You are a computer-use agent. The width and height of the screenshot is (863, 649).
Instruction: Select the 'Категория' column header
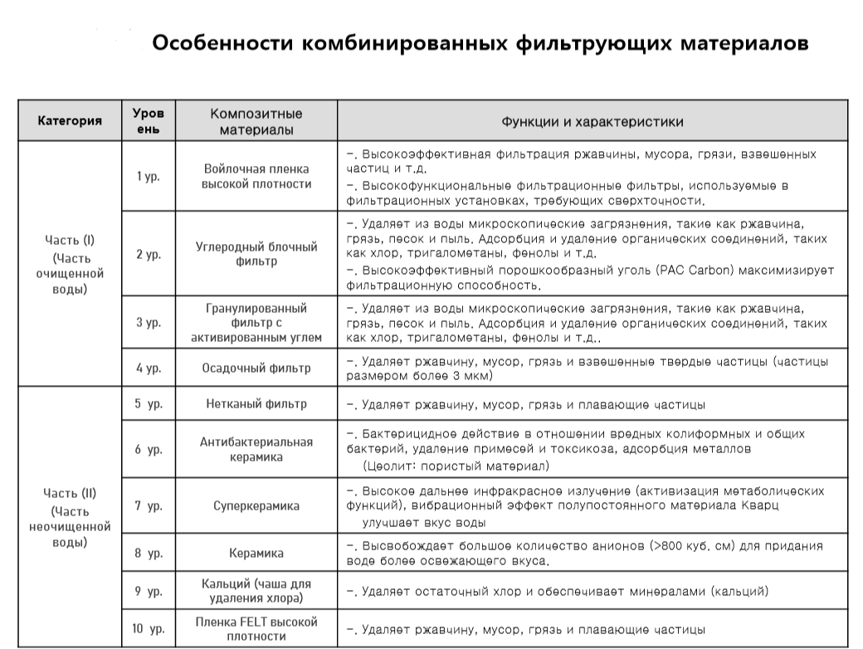[x=70, y=121]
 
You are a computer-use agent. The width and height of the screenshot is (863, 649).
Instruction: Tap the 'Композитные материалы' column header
[x=256, y=121]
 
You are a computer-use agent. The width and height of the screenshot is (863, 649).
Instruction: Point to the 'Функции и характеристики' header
[x=592, y=121]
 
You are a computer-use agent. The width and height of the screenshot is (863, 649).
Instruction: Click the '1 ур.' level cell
[x=149, y=176]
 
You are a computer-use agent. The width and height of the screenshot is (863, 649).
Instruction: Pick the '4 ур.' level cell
[x=149, y=368]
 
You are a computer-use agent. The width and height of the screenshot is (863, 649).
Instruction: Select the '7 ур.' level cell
[x=149, y=505]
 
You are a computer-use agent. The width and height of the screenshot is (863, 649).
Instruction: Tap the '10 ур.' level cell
[x=149, y=628]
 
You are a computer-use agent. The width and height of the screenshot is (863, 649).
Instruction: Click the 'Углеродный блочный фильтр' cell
[x=256, y=254]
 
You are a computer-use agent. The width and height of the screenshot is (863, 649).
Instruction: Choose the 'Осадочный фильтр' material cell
[x=256, y=368]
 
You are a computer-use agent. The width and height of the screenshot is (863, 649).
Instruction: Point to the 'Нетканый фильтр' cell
[x=256, y=404]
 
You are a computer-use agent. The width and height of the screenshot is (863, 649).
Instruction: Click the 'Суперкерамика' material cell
[x=256, y=505]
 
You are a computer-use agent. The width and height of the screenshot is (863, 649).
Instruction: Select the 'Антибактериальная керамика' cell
[x=256, y=449]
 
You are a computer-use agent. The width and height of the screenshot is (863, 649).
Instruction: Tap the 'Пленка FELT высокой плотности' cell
[x=256, y=628]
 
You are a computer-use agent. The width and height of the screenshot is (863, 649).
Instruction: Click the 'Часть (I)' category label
[x=70, y=241]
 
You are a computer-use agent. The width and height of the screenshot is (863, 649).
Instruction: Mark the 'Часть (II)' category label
[x=70, y=494]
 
